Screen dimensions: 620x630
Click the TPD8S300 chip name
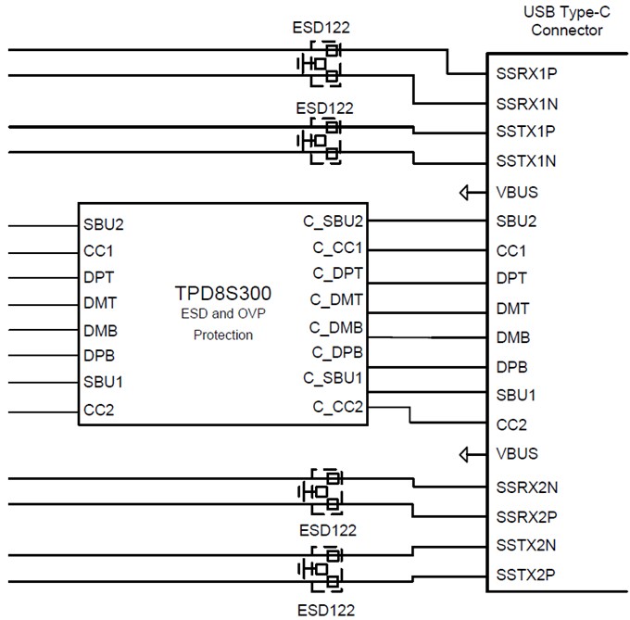[x=223, y=294]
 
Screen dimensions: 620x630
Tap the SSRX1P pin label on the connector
[x=526, y=73]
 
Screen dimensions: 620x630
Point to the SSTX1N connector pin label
[x=526, y=161]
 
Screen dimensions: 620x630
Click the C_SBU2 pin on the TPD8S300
[x=334, y=222]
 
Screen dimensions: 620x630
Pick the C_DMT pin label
[x=337, y=299]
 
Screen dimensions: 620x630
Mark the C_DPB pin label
[x=337, y=352]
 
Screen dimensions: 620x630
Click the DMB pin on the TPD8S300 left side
[x=99, y=329]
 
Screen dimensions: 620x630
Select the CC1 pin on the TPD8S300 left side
[x=97, y=250]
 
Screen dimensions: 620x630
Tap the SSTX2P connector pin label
[x=526, y=574]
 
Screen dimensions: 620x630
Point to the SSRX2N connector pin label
[x=526, y=486]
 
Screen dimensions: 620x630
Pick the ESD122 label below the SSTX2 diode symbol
[x=326, y=610]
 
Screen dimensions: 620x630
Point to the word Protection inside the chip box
[x=223, y=335]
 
